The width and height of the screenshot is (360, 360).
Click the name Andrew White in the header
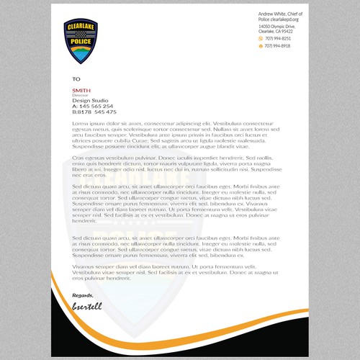click(272, 14)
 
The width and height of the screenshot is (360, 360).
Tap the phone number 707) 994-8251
click(278, 38)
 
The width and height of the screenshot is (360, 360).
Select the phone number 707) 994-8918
click(278, 45)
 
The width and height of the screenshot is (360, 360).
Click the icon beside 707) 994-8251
click(261, 38)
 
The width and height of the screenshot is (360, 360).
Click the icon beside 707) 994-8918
click(261, 45)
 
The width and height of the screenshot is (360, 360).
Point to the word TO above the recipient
click(76, 78)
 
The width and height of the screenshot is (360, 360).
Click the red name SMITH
click(81, 90)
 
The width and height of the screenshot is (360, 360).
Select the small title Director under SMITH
click(79, 95)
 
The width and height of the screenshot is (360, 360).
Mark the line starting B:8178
click(94, 112)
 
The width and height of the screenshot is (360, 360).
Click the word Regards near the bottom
click(83, 295)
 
